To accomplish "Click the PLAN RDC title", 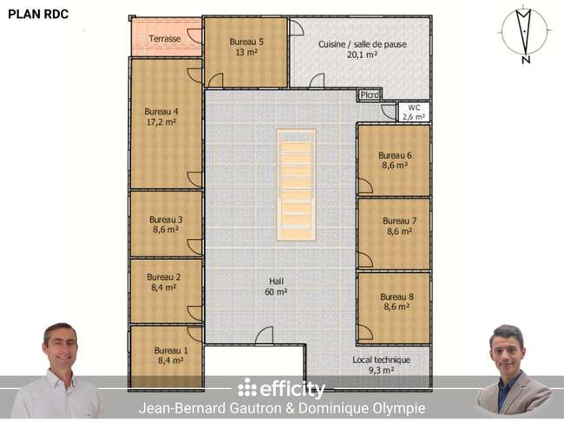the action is [x=38, y=14].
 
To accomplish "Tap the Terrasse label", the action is [x=165, y=38].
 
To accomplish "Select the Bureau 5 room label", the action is [x=246, y=42].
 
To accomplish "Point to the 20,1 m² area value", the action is [x=362, y=55].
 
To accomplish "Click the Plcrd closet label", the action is [x=370, y=94].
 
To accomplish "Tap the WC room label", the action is [x=414, y=107].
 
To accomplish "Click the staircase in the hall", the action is [x=296, y=185].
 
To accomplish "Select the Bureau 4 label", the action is [x=161, y=111].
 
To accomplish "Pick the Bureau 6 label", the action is [x=395, y=155].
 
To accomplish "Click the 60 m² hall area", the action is [x=276, y=292].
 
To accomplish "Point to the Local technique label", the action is [x=381, y=360].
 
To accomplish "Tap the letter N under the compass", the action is [x=526, y=60].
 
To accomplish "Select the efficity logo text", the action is [x=282, y=389].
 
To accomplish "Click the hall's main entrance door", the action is [x=264, y=336].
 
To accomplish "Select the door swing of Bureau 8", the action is [x=365, y=332].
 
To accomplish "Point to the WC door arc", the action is [x=389, y=112].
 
